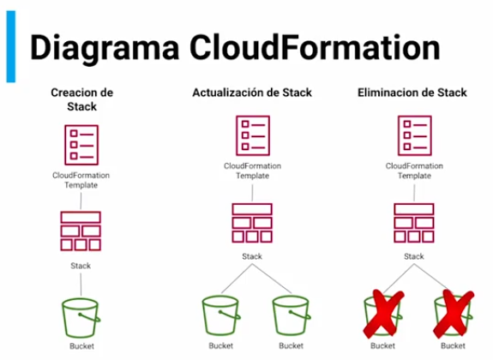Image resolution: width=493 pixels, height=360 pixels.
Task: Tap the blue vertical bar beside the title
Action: click(x=10, y=48)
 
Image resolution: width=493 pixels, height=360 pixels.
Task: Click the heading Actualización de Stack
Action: click(x=252, y=93)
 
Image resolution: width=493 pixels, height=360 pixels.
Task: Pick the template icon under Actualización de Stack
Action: click(x=252, y=135)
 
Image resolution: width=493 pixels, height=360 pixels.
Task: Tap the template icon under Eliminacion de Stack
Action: click(x=414, y=135)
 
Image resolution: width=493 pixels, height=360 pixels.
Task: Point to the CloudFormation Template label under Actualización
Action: click(x=252, y=170)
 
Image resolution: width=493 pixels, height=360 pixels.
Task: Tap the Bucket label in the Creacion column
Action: click(x=81, y=347)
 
